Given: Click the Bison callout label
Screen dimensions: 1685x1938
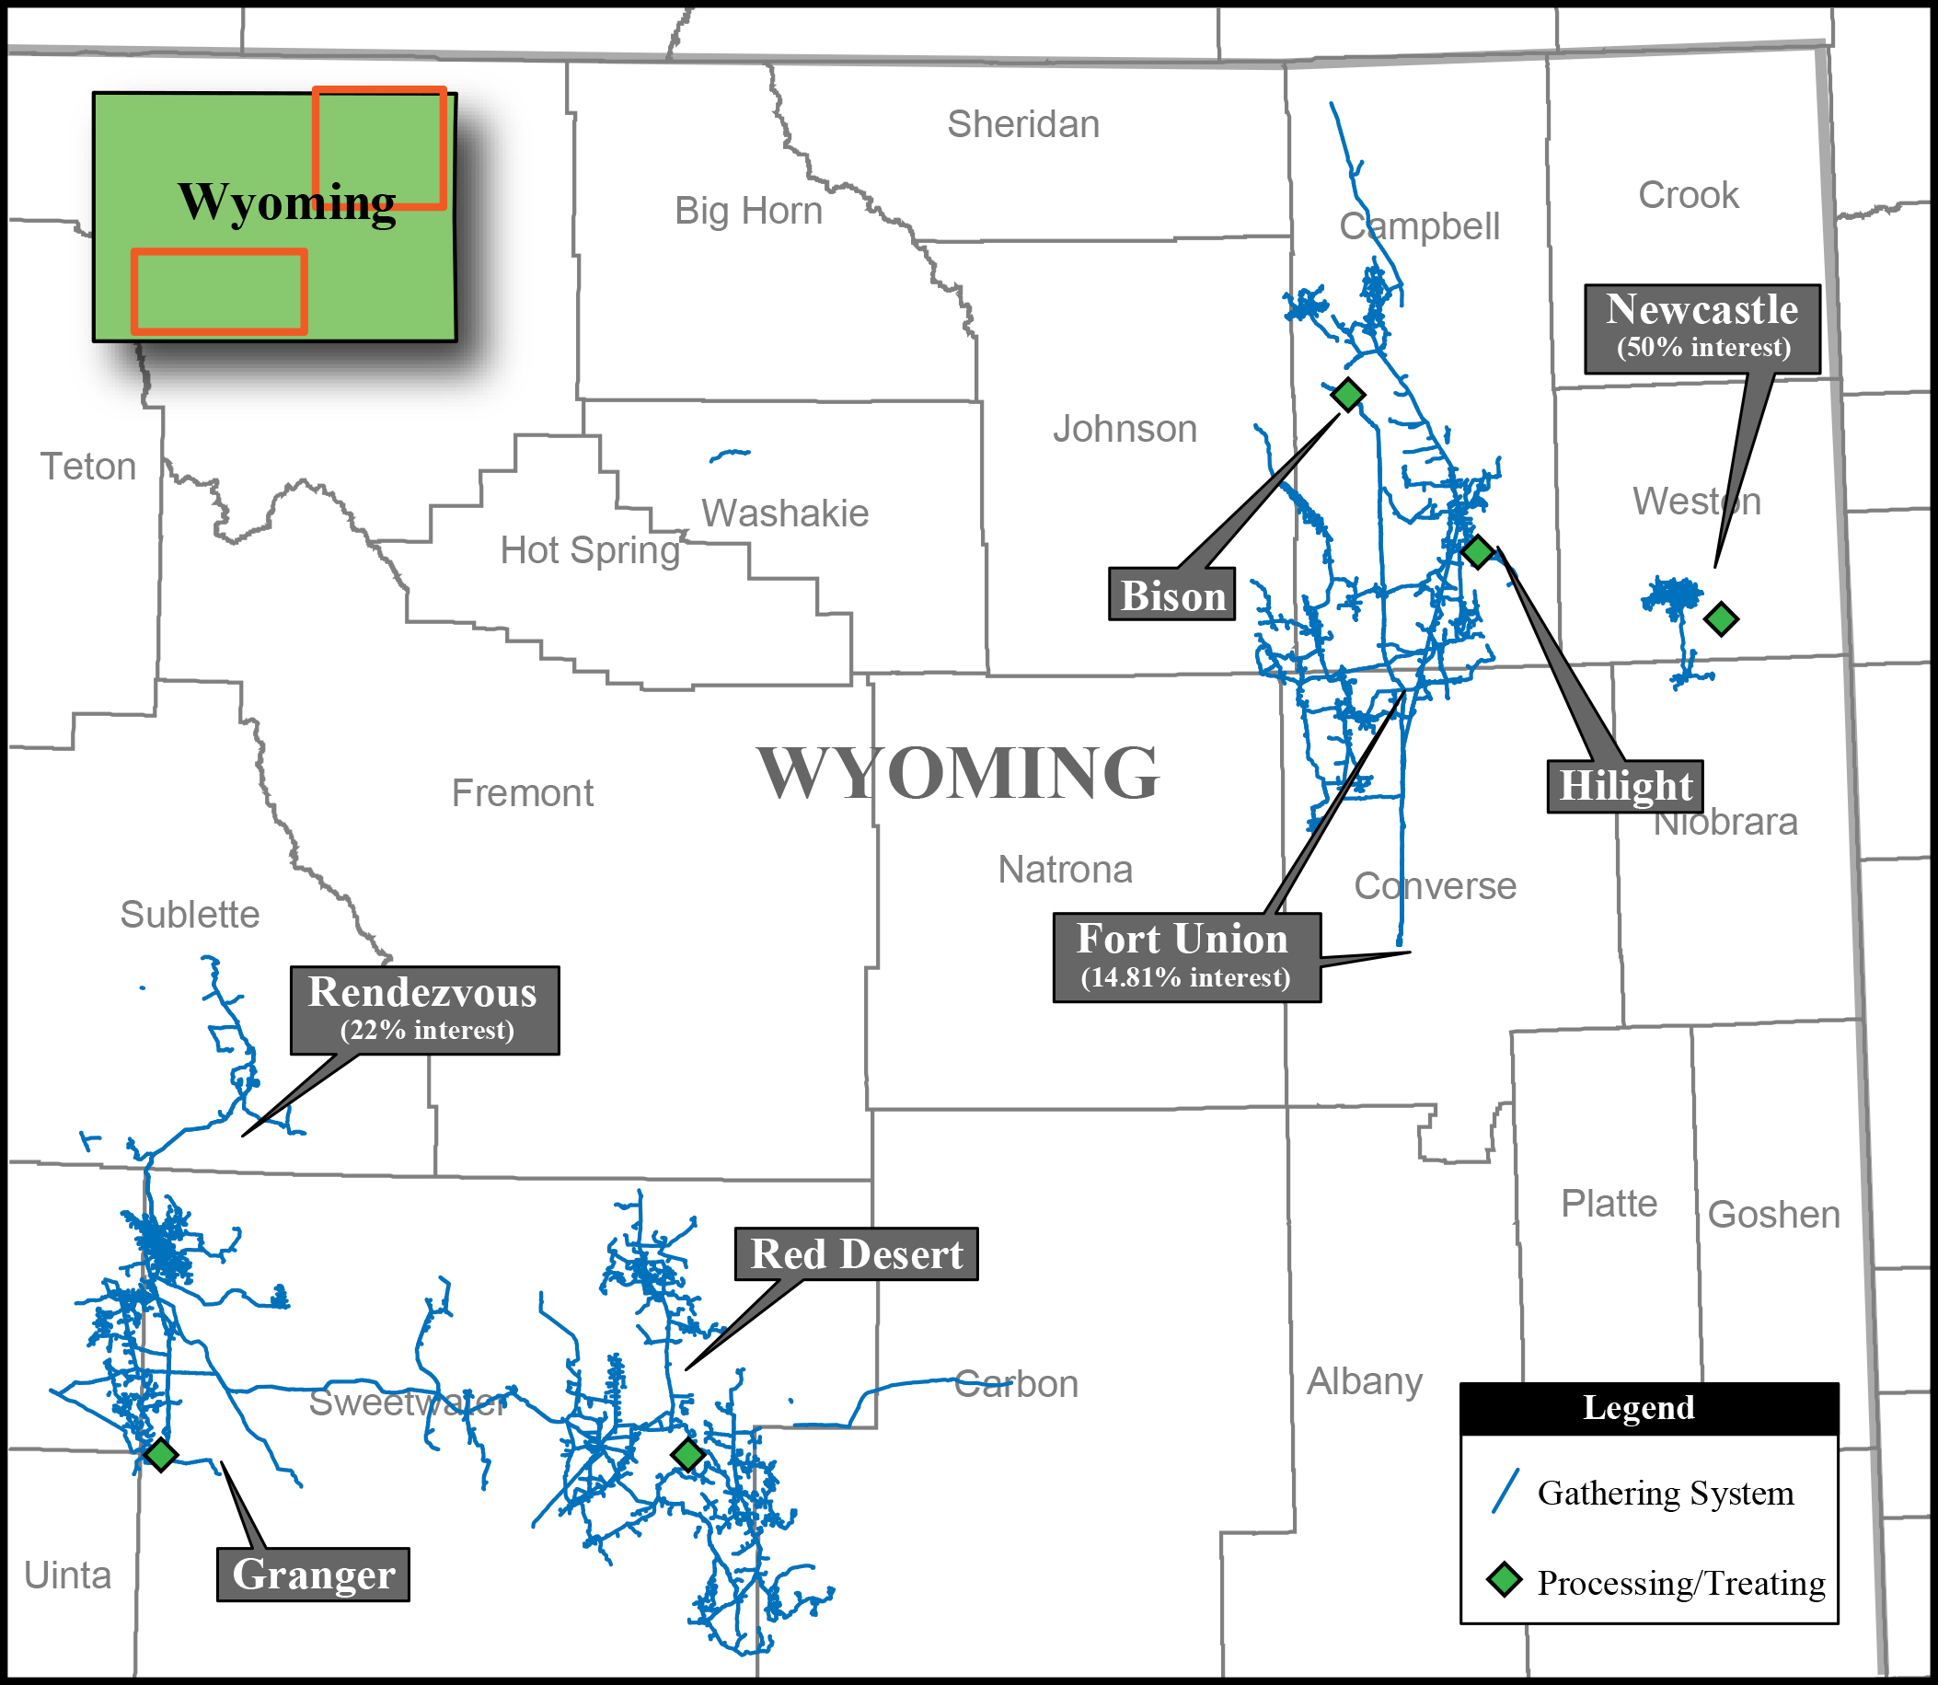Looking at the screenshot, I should tap(1171, 595).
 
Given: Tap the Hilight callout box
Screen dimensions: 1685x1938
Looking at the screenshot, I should tap(1625, 786).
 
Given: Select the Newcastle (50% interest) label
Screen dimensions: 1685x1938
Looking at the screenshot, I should tap(1702, 329).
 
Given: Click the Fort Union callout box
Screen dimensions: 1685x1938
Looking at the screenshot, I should tap(1186, 956).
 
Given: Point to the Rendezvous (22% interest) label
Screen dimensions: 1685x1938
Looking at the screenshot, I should tap(424, 1010).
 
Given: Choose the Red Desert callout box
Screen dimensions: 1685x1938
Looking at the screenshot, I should tap(856, 1253).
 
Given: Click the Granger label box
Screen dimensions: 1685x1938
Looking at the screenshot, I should tap(313, 1574).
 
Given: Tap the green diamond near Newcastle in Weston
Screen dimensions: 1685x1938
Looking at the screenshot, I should tap(1722, 618).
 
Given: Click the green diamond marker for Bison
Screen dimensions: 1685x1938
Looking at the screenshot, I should tap(1348, 394).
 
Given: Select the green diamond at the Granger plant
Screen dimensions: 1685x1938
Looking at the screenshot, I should tap(161, 1455).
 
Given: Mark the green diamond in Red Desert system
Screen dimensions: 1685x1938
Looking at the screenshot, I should tap(688, 1455).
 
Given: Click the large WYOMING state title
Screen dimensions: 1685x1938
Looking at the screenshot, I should tap(958, 773).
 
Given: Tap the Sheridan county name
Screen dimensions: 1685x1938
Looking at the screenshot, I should tap(1023, 124).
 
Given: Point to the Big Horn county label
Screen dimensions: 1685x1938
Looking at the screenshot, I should tap(748, 211).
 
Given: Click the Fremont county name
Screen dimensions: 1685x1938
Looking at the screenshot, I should tap(522, 792).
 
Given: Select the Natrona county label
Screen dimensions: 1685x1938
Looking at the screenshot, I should tap(1065, 870).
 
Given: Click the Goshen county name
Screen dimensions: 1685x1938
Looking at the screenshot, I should tap(1773, 1215).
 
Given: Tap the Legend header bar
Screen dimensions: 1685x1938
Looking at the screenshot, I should tap(1648, 1408).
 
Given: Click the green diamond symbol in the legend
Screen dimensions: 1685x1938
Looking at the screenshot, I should tap(1505, 1580).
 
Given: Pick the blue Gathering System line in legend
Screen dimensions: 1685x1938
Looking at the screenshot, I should tap(1505, 1492).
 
